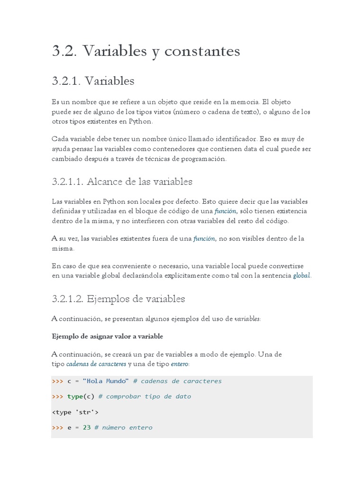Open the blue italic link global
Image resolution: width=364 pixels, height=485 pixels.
point(301,276)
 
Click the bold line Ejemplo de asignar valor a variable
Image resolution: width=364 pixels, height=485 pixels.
point(107,336)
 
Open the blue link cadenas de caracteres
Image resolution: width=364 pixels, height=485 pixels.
point(96,364)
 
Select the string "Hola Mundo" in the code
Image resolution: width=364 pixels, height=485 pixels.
point(105,381)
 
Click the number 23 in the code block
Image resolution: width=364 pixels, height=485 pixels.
point(87,427)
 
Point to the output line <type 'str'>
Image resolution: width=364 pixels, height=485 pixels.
point(75,412)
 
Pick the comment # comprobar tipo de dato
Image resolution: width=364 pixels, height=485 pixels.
point(145,396)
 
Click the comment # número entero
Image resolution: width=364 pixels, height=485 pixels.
point(123,427)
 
